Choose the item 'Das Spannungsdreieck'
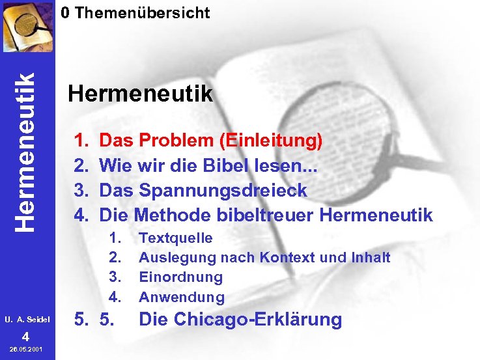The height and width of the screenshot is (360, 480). click(x=203, y=190)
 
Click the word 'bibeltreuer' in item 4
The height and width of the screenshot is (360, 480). click(x=263, y=215)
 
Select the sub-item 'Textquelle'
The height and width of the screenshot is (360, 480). click(x=176, y=238)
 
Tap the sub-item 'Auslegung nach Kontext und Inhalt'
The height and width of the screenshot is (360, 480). click(x=264, y=258)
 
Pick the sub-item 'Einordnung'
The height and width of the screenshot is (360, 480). click(x=181, y=277)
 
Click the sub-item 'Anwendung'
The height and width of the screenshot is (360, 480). click(x=182, y=298)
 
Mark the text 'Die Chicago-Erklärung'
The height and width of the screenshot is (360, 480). click(x=240, y=320)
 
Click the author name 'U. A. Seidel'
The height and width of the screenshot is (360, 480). click(x=27, y=320)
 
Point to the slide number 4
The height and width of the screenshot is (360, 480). click(x=25, y=337)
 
